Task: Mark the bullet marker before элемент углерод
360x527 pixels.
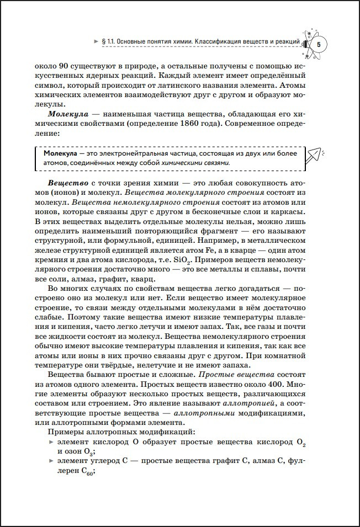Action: pyautogui.click(x=51, y=461)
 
